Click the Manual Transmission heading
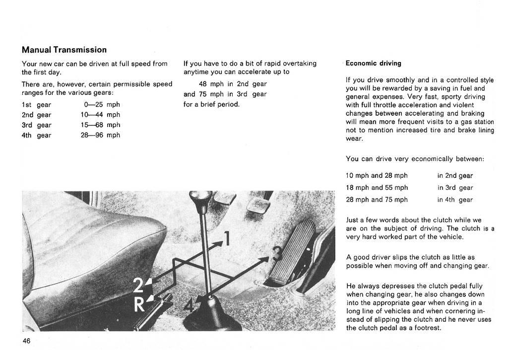[x=64, y=50]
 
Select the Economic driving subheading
[x=373, y=64]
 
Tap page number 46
[x=26, y=341]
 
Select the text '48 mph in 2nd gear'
[x=232, y=84]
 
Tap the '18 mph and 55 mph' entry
[x=377, y=188]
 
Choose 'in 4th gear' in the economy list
[x=455, y=200]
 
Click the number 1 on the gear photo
[x=227, y=239]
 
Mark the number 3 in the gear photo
[x=277, y=254]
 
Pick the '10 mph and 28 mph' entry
[x=377, y=175]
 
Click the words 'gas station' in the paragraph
[x=475, y=122]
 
